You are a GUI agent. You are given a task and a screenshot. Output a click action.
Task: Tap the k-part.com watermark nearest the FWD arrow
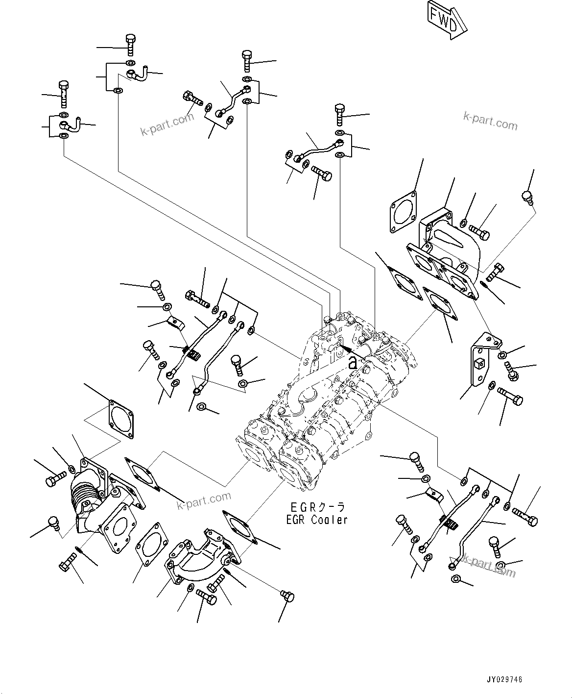pyautogui.click(x=490, y=121)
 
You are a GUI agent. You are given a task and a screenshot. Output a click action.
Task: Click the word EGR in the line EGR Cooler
pyautogui.click(x=297, y=520)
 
